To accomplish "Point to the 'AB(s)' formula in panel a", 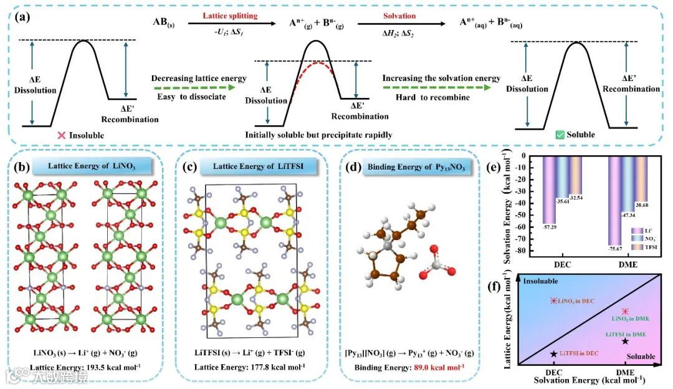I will pyautogui.click(x=165, y=22).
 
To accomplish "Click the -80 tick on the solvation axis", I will pyautogui.click(x=532, y=251).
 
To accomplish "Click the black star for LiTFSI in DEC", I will pyautogui.click(x=553, y=353).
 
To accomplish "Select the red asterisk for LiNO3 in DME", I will pyautogui.click(x=625, y=311).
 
